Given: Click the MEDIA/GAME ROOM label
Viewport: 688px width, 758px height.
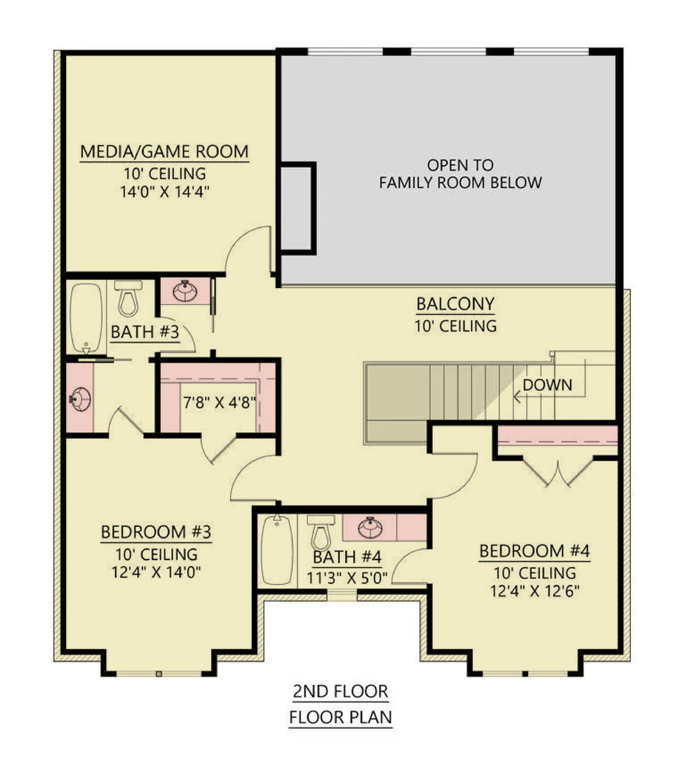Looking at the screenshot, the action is (x=164, y=151).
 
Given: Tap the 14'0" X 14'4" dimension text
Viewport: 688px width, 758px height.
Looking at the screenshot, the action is (x=164, y=192).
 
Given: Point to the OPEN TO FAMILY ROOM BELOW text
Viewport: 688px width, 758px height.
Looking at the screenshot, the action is (x=461, y=174).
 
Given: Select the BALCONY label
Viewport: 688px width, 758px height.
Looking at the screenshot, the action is (x=455, y=304).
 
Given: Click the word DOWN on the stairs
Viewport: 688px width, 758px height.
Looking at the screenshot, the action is (x=547, y=385).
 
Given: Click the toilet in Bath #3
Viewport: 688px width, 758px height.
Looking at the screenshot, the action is (x=129, y=298).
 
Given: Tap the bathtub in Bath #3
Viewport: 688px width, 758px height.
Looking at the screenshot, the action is (x=86, y=318).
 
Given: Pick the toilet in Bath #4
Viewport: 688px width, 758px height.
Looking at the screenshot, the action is (x=321, y=532).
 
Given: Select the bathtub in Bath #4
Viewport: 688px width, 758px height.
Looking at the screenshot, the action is (x=277, y=550).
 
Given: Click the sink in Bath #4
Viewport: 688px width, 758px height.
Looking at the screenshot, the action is (x=370, y=528).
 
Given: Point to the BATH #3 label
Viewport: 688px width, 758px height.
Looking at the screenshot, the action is (x=145, y=332).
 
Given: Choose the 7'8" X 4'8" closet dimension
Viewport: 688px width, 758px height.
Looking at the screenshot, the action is (x=219, y=402).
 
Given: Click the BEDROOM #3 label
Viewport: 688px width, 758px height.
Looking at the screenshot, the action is (x=156, y=531).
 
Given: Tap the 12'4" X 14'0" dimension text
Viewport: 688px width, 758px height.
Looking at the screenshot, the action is (x=156, y=572).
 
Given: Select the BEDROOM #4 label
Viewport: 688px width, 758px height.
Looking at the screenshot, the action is (x=535, y=551).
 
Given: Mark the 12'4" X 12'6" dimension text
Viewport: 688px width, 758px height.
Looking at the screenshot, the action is (x=535, y=591).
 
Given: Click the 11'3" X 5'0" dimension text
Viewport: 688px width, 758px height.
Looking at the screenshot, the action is (x=347, y=578).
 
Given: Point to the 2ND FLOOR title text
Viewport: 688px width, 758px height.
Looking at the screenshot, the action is (x=341, y=691).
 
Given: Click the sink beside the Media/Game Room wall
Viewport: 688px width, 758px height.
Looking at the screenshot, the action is (x=185, y=292).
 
